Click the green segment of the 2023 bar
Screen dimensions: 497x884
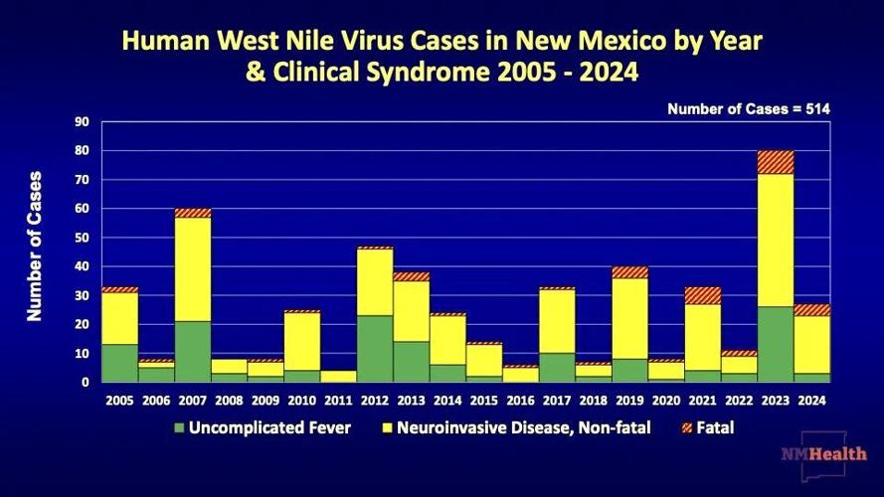pos(775,344)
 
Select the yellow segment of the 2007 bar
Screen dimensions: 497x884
pos(193,268)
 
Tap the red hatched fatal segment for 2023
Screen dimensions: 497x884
pos(775,162)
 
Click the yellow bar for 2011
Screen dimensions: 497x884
pos(338,376)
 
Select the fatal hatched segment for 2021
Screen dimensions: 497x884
pos(702,295)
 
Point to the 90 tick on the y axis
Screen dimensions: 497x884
pos(83,122)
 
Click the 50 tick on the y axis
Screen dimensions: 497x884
pos(83,238)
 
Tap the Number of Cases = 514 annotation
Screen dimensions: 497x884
pos(748,108)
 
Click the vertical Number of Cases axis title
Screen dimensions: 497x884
pos(35,246)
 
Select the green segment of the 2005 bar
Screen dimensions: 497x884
pos(120,363)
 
